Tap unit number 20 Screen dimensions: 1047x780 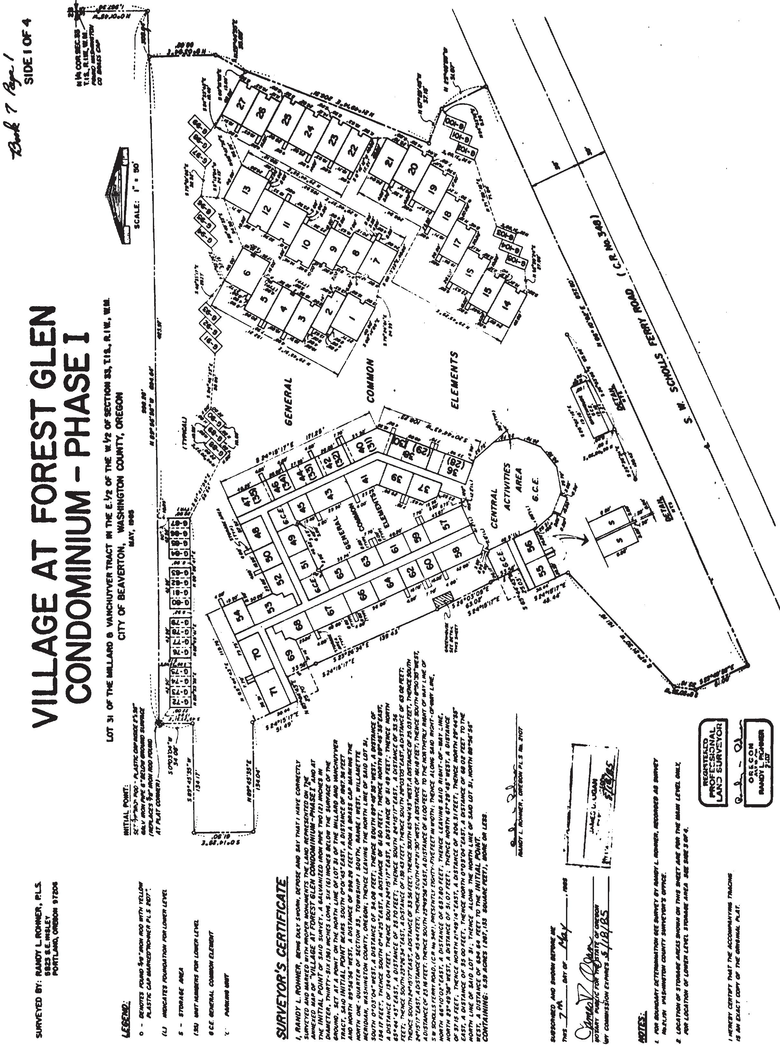tap(414, 168)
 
